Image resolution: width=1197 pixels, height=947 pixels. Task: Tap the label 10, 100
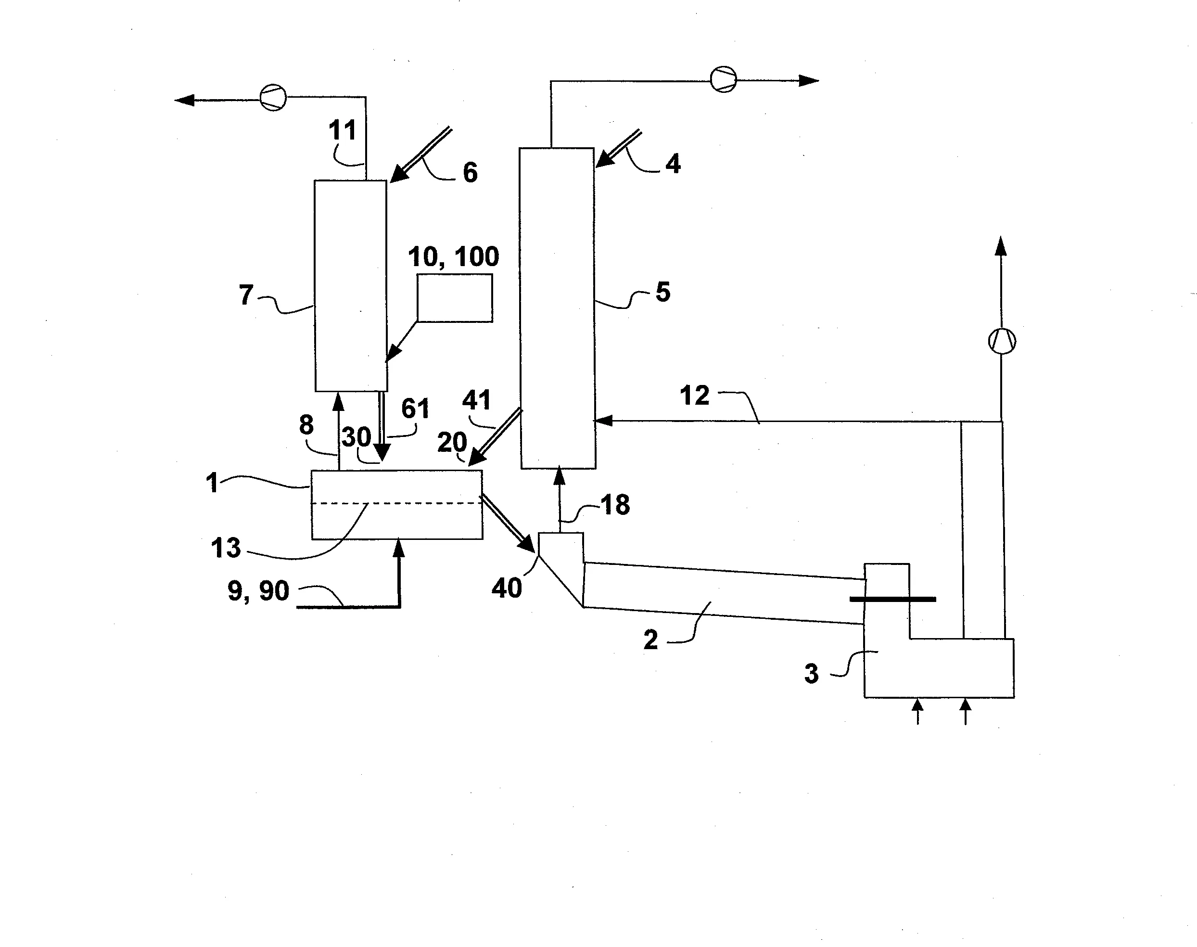pos(453,256)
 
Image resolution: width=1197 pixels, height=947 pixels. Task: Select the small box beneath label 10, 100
pos(455,298)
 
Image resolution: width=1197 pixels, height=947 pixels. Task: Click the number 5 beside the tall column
pos(662,292)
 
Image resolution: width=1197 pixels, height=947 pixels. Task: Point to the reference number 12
pos(694,396)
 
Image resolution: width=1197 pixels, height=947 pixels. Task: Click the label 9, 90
pos(258,590)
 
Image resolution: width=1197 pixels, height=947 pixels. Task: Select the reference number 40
pos(506,588)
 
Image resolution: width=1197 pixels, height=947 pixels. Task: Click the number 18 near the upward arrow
pos(615,505)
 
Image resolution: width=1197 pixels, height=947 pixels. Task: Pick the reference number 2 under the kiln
pos(650,640)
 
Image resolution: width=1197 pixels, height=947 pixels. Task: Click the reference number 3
pos(811,674)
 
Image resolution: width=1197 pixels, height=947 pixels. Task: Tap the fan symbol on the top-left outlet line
pos(273,98)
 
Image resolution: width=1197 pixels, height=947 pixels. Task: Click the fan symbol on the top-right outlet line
pos(723,79)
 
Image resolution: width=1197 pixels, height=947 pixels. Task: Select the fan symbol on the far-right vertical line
pos(1002,341)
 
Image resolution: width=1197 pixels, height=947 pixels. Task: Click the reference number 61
pos(415,409)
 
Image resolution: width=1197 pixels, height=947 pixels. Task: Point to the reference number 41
pos(476,400)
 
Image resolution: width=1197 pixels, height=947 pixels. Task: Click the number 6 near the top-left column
pos(470,172)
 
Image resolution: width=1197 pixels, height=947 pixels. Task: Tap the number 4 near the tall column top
pos(673,164)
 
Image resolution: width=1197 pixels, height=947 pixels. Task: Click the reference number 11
pos(342,130)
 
